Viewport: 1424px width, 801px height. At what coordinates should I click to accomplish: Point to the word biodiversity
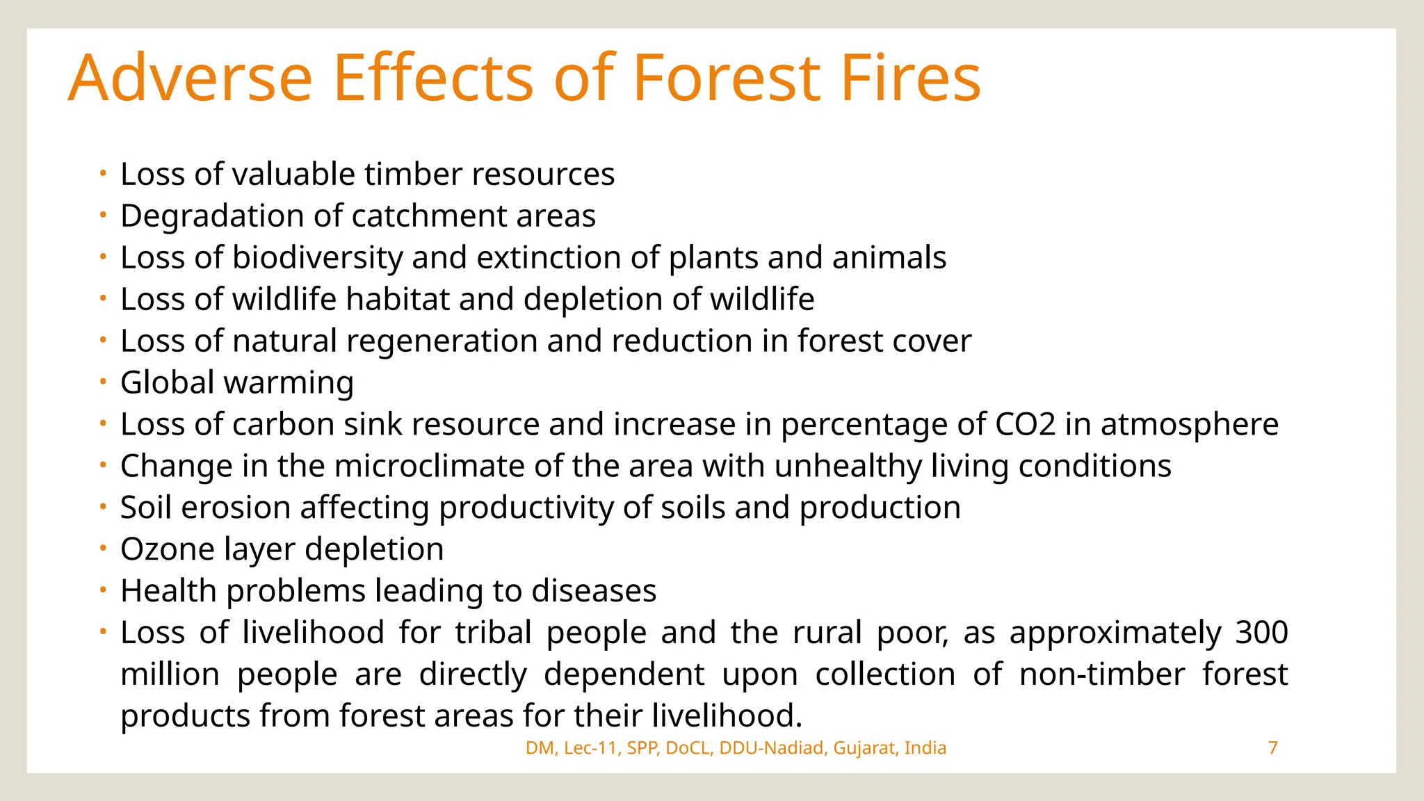(x=317, y=258)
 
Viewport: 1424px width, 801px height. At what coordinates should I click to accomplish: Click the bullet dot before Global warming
(x=102, y=382)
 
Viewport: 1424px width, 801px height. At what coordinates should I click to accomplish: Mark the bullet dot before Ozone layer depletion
(x=102, y=549)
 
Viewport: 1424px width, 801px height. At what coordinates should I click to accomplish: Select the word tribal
(x=492, y=633)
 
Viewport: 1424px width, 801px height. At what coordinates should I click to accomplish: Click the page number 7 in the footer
(x=1272, y=748)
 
